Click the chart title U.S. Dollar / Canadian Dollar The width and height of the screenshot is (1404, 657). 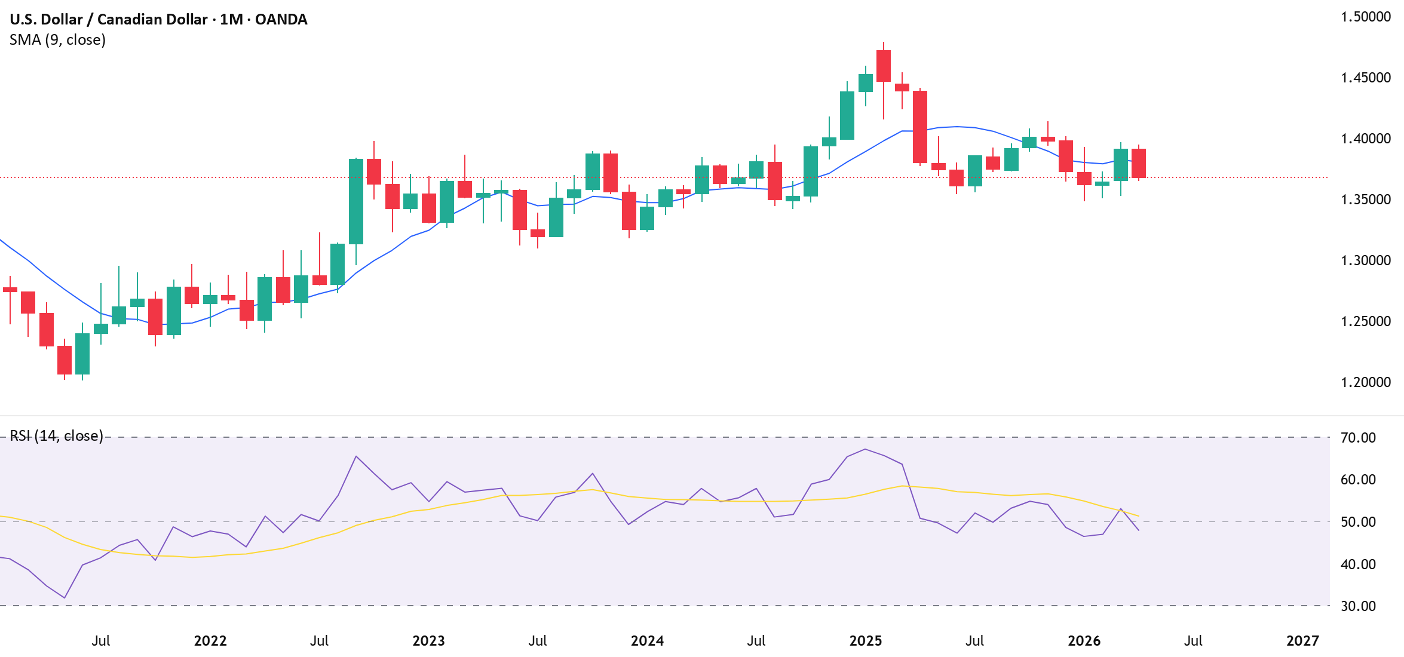(158, 19)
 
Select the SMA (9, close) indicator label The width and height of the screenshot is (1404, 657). (58, 40)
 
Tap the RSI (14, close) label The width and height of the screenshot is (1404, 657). (56, 436)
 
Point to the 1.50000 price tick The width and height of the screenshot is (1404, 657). (1366, 17)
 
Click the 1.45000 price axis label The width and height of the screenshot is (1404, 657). (1366, 78)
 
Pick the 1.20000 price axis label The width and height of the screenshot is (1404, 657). (1366, 382)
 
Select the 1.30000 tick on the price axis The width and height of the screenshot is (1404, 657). (1366, 260)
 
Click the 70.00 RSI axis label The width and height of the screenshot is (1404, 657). (1358, 438)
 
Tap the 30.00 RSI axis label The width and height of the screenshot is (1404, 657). (1358, 606)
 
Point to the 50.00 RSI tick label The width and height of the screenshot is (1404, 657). (1358, 522)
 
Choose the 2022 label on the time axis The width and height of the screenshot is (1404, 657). (210, 641)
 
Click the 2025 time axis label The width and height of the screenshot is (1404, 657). (866, 641)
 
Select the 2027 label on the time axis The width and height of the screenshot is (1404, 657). (1302, 641)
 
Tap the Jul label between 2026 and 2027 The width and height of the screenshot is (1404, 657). (1193, 641)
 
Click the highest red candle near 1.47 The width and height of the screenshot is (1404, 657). (884, 66)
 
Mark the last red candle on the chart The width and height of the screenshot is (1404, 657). (1138, 163)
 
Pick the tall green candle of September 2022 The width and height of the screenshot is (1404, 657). (356, 201)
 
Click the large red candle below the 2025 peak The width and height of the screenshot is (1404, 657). (920, 127)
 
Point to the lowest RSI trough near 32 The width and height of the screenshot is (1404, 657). (65, 597)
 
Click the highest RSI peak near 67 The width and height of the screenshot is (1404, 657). (865, 449)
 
